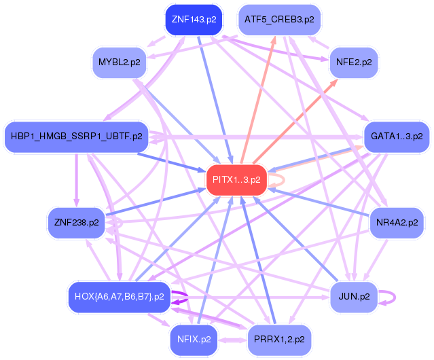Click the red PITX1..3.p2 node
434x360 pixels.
point(236,180)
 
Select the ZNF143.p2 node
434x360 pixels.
point(194,20)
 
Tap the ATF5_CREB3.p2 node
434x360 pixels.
point(279,20)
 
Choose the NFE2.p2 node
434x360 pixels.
point(353,62)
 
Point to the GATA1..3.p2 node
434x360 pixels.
point(397,137)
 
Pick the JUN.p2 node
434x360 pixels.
point(353,296)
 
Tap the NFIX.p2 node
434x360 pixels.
point(195,338)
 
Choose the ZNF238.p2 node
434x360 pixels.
point(76,221)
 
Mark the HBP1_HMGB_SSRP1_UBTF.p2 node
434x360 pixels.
point(76,137)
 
